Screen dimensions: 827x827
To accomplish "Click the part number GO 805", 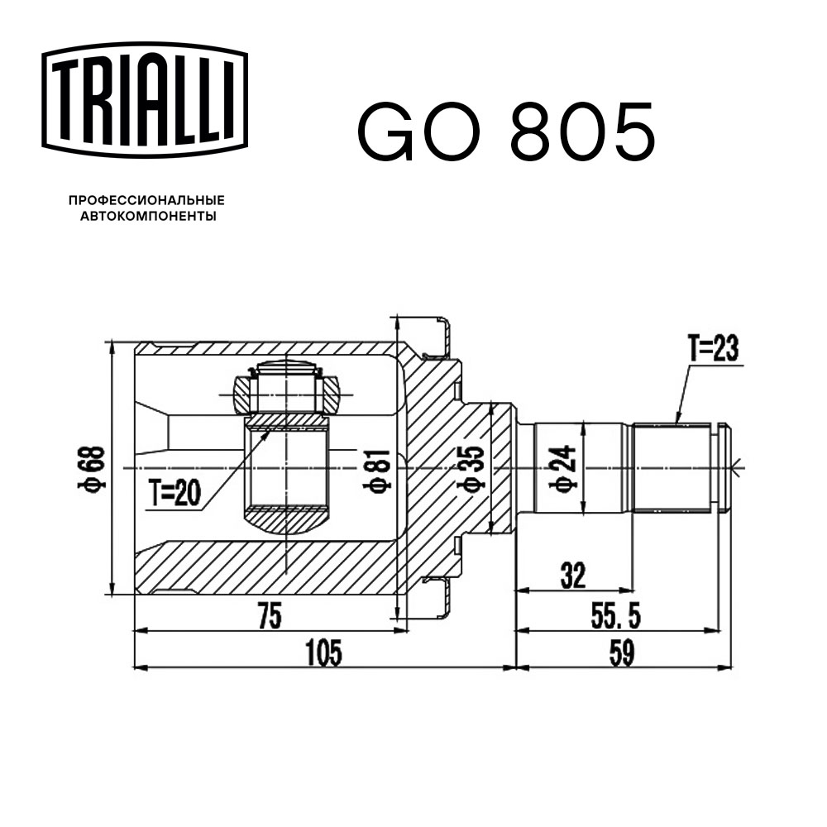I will coord(505,132).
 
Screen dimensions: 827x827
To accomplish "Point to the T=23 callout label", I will coord(712,351).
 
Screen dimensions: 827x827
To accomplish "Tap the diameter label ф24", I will coord(565,468).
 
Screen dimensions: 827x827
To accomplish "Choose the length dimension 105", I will coord(323,653).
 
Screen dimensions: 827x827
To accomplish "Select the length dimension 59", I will coord(622,653).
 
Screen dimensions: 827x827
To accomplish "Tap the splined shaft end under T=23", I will coord(672,467).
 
